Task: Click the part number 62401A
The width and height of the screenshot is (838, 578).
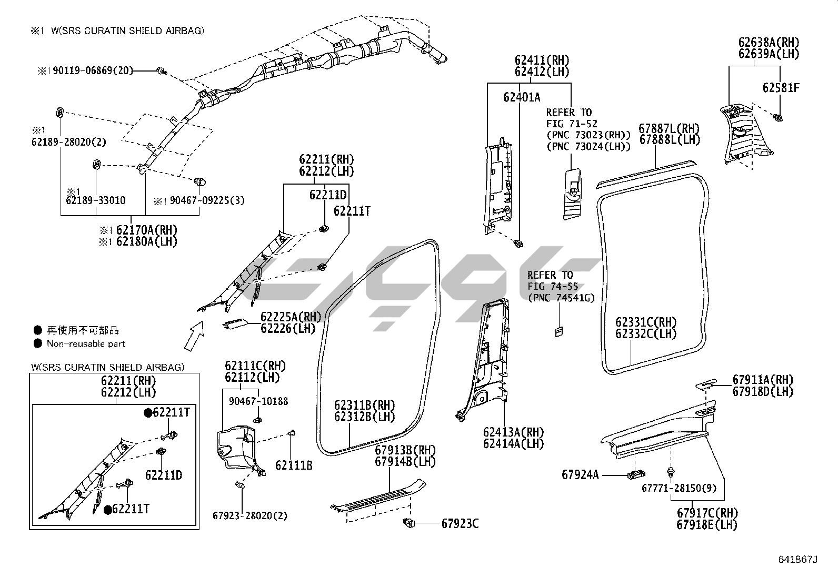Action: [x=521, y=97]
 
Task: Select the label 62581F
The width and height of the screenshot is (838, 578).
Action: [x=781, y=88]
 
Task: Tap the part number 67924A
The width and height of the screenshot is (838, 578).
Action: [x=580, y=475]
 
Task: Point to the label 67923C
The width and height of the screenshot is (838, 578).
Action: [x=460, y=524]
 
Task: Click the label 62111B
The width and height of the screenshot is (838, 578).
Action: [x=294, y=465]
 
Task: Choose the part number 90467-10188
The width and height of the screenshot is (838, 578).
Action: [x=258, y=401]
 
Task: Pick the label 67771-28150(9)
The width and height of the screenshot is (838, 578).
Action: [x=679, y=488]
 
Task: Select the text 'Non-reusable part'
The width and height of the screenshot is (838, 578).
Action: [x=86, y=344]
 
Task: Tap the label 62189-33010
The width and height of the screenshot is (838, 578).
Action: [x=96, y=200]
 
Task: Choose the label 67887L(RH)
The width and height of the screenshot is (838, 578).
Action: [x=669, y=128]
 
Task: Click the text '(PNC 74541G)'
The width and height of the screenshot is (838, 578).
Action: [x=561, y=298]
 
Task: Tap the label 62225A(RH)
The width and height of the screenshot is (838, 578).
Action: [x=291, y=317]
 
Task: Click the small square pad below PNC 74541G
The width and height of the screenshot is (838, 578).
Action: [x=558, y=331]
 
